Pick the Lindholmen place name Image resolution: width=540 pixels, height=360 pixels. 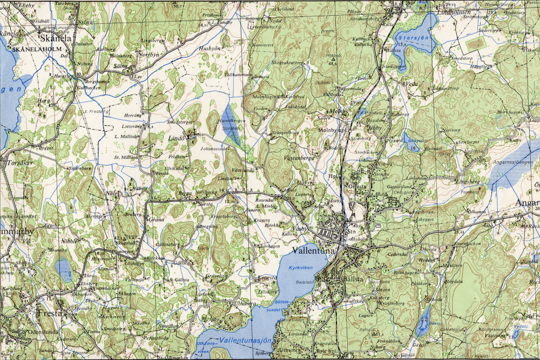pyautogui.click(x=454, y=11)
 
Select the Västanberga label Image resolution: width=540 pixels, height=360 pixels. pyautogui.click(x=299, y=158)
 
